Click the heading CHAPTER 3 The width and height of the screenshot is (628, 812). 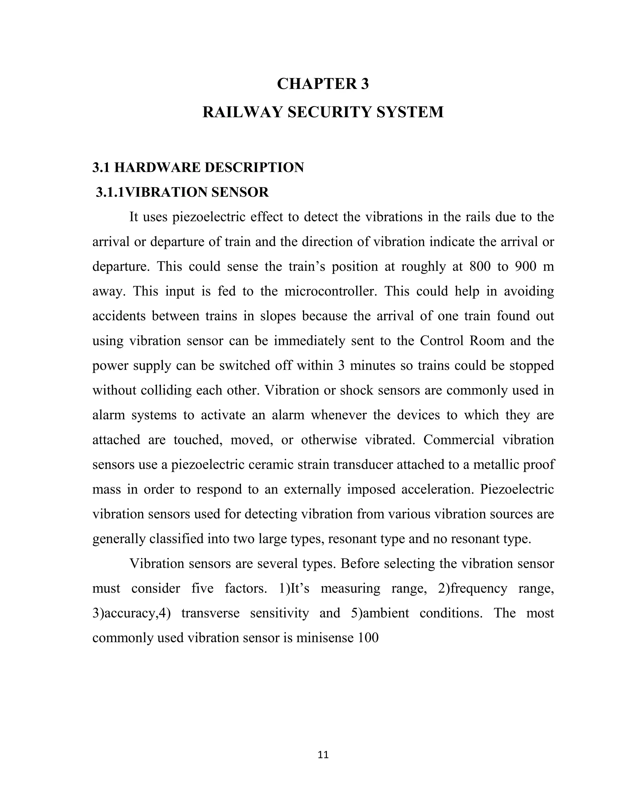323,84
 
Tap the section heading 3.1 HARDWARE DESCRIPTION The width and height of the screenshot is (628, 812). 198,168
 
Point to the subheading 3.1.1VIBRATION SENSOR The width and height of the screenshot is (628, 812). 182,192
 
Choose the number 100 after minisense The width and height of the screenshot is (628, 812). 368,638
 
